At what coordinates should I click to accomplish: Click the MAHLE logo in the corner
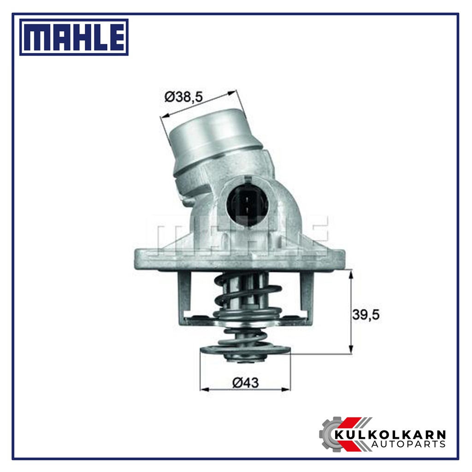coord(74,37)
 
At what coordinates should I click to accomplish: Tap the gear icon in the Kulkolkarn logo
coord(333,434)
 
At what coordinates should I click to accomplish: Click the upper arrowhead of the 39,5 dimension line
coord(352,275)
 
